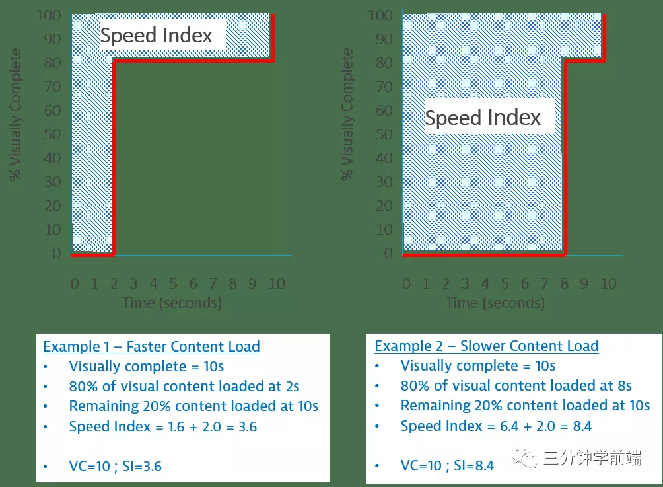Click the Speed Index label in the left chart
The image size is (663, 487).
(157, 36)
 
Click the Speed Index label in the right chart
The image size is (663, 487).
(483, 118)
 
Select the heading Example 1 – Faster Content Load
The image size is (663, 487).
(151, 346)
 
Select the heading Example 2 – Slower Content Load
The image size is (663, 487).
(486, 346)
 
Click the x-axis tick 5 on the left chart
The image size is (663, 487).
(173, 284)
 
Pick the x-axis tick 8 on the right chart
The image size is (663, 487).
(564, 284)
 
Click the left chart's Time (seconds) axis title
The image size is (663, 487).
(172, 303)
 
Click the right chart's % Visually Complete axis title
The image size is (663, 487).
(347, 114)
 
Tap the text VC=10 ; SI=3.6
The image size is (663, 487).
(115, 467)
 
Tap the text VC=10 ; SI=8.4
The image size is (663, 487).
(447, 466)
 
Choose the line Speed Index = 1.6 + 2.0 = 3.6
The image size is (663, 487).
(163, 426)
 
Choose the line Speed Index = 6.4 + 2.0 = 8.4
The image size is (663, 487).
(496, 426)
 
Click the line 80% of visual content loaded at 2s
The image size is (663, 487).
(184, 386)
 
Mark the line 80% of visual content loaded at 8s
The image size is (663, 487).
(516, 385)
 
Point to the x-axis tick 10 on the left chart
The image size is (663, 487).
(277, 284)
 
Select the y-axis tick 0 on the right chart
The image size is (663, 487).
(389, 254)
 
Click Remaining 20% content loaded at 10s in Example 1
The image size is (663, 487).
(193, 406)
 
